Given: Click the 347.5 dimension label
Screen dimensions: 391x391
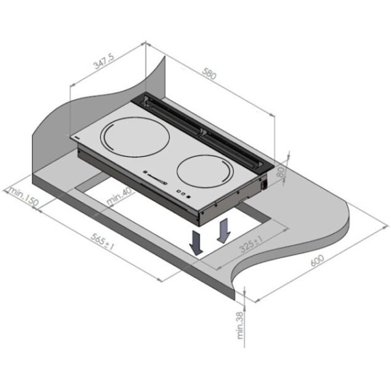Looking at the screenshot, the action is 104,62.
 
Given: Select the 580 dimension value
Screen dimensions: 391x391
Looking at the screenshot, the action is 209,74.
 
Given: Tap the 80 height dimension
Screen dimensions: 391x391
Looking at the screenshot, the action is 281,172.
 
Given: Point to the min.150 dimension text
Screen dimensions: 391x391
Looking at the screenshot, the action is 24,196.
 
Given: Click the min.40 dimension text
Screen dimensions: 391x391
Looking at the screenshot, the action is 119,196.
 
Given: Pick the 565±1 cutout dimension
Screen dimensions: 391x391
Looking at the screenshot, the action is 102,241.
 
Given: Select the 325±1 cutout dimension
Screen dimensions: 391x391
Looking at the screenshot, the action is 251,244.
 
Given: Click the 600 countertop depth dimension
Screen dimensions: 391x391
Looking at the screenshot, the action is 317,260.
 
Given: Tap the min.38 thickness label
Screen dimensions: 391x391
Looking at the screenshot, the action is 240,325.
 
